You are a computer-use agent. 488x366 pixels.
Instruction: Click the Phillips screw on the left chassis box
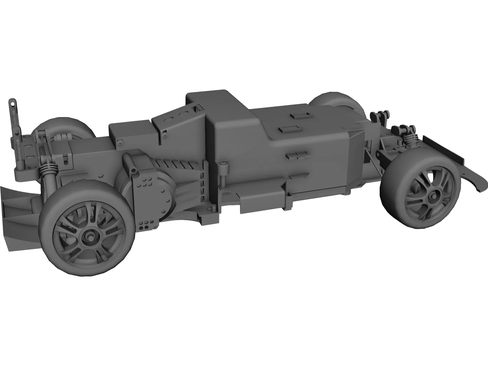[120, 142]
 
